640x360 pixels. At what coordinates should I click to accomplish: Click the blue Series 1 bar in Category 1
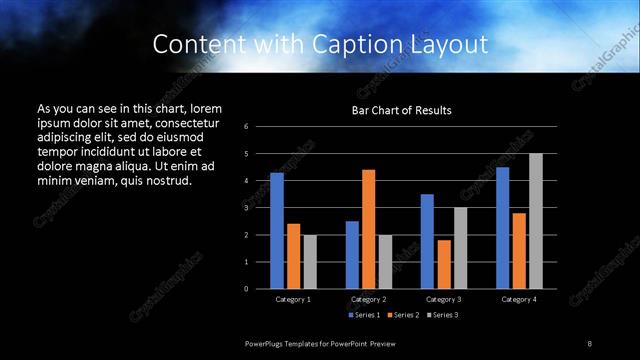(x=276, y=231)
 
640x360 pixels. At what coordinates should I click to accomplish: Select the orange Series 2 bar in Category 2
(x=368, y=229)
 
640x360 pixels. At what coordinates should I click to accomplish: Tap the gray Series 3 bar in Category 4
(x=535, y=221)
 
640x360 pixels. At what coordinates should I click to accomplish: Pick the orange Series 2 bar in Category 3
(x=443, y=264)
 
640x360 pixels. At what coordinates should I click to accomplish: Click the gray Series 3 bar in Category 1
(x=309, y=262)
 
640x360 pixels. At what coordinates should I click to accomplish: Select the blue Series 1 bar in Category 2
(x=352, y=255)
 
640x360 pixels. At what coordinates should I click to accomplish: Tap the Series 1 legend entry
(x=363, y=315)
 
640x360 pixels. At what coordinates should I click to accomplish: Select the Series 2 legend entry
(x=403, y=315)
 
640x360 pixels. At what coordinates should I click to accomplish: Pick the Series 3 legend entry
(x=443, y=315)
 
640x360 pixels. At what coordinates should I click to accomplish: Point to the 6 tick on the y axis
(x=260, y=127)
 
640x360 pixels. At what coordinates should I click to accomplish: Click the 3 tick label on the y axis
(x=260, y=208)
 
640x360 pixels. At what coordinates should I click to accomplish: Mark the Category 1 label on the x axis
(x=293, y=299)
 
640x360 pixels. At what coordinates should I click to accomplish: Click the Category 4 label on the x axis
(x=518, y=299)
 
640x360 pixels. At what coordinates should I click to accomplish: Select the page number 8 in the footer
(x=589, y=343)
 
